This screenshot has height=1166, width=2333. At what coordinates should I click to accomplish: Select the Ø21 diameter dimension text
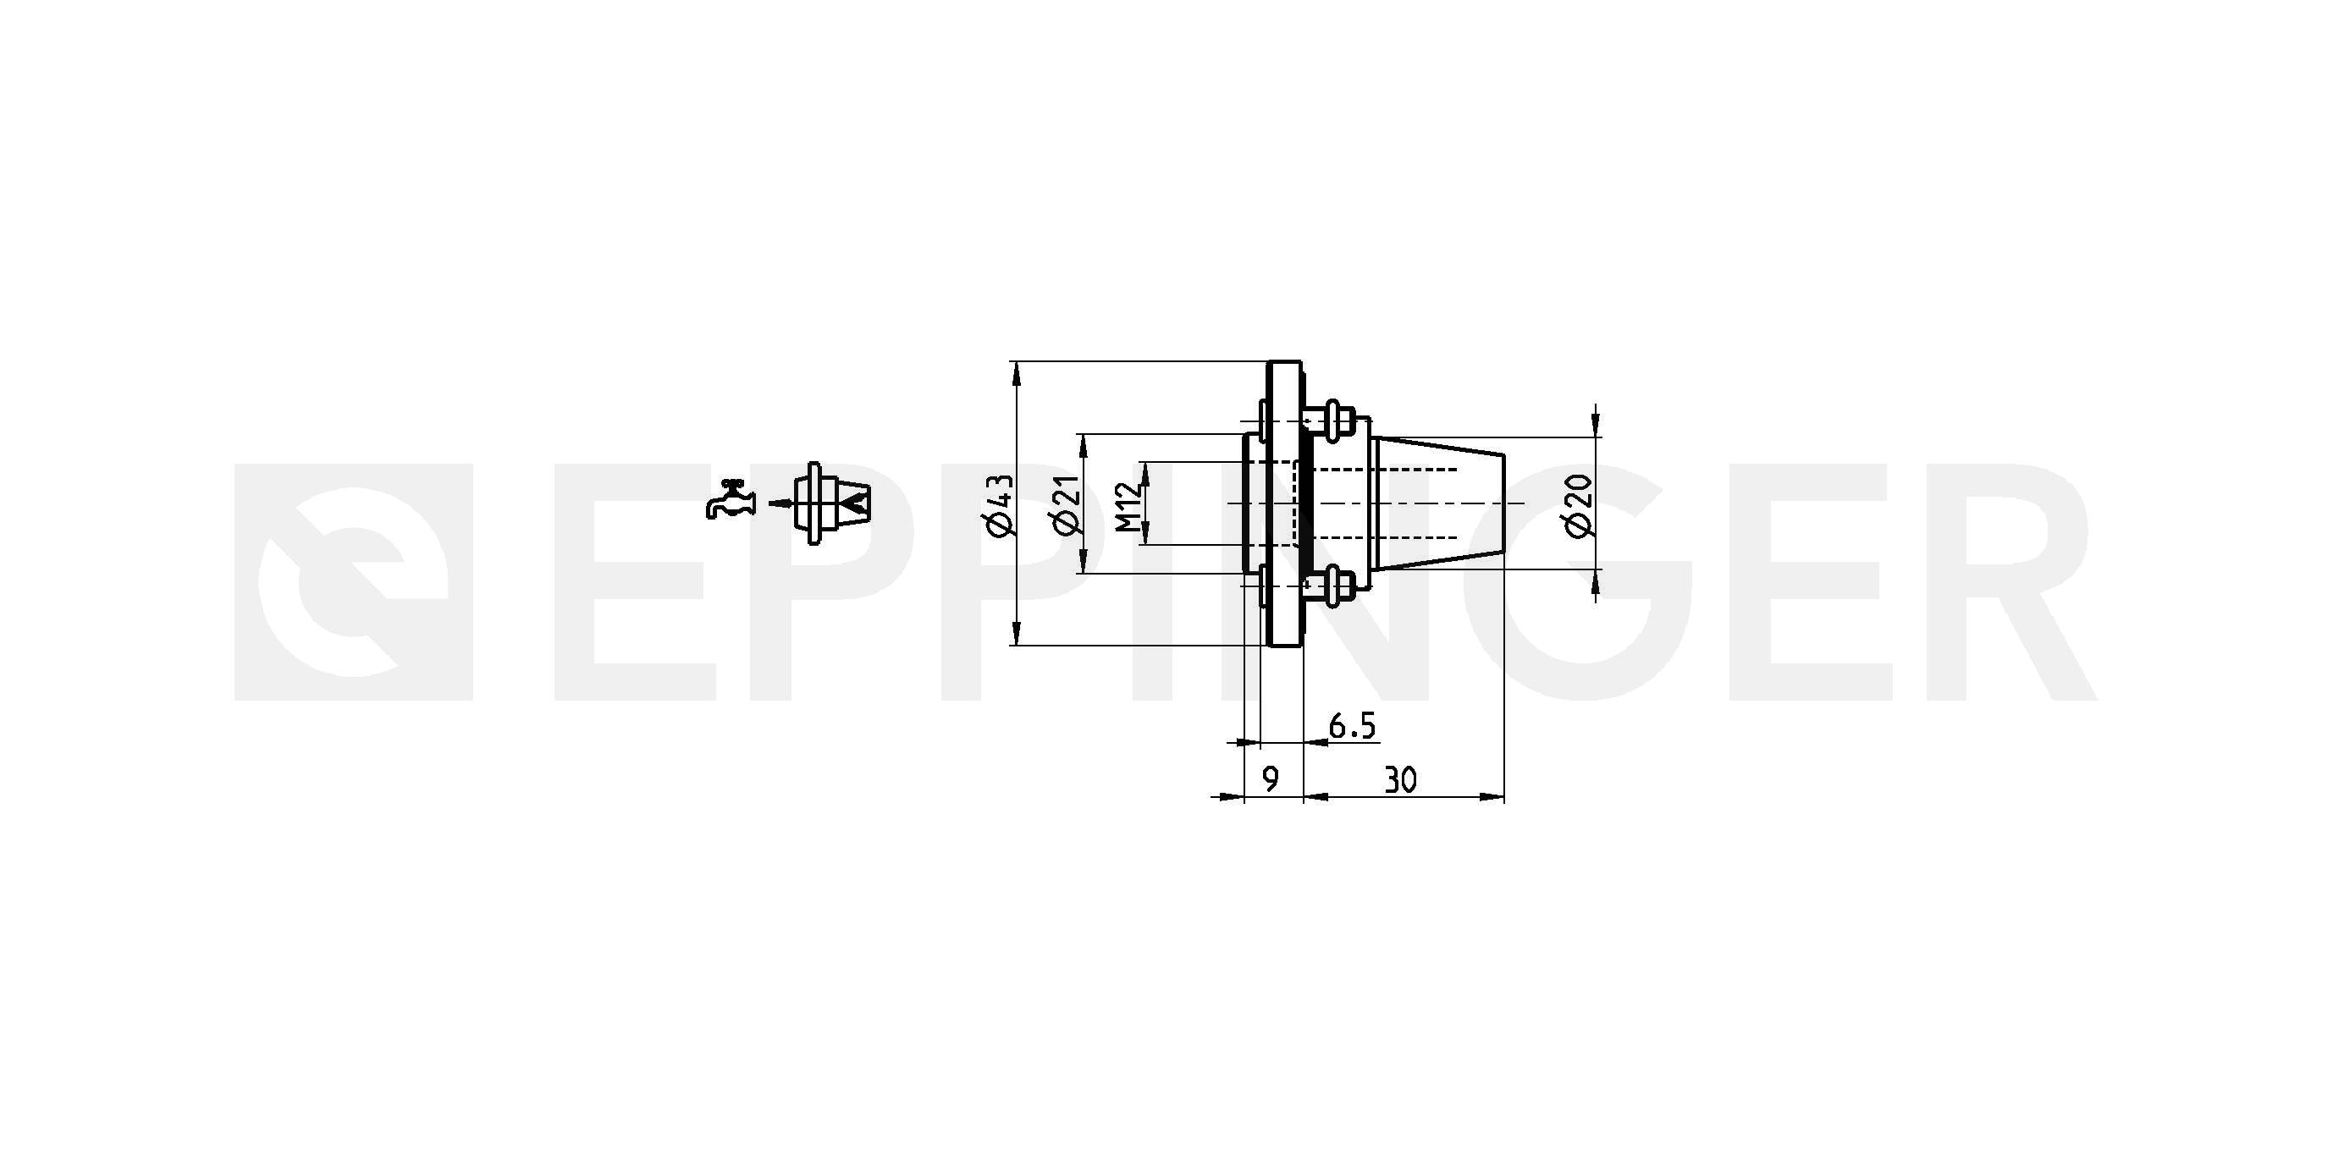pos(1066,504)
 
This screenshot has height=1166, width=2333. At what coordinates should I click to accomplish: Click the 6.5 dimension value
pos(1352,725)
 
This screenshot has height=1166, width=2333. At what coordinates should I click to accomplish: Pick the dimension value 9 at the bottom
pos(1271,779)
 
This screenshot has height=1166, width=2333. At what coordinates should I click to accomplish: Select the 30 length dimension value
pos(1400,779)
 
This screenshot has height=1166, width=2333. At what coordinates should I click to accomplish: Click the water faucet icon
pos(729,498)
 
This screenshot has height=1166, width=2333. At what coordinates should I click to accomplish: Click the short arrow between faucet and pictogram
pos(780,503)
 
